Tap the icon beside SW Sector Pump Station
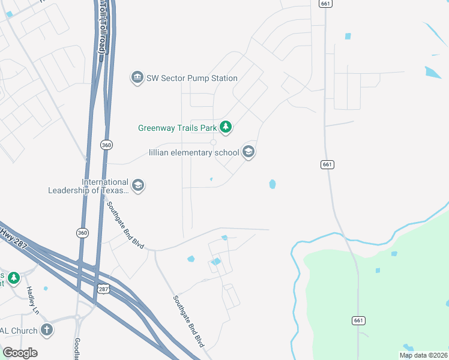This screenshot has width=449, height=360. pos(137,78)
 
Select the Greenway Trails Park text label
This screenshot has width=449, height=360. pos(177,127)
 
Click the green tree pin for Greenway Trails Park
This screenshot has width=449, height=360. pos(226,127)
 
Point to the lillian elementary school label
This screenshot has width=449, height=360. pos(194,152)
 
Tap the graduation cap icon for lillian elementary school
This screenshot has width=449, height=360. pos(249,152)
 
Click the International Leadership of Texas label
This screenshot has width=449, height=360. pos(89,186)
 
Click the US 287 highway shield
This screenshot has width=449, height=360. pos(103,289)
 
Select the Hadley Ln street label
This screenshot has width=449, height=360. pos(31,299)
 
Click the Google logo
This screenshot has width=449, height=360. pos(20,353)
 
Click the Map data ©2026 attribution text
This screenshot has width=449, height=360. pos(423,355)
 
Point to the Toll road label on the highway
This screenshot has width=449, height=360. pos(103,27)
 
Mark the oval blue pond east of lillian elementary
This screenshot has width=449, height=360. pos(273,184)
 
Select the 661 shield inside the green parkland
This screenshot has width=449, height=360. pos(358,321)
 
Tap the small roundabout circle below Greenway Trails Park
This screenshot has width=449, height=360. pos(213,142)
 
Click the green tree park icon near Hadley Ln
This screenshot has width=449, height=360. pos(13,278)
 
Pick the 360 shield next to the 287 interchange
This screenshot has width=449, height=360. pos(82,232)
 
